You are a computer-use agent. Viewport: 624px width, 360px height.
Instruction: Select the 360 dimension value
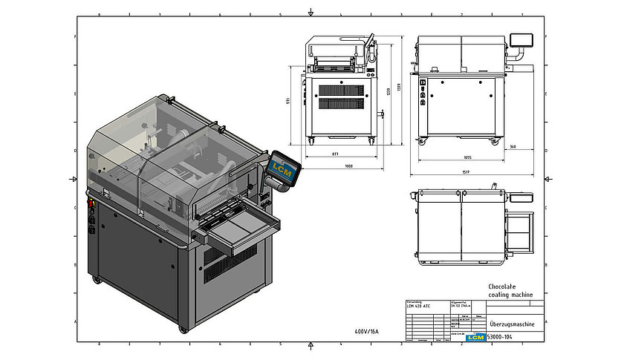[x=513, y=146]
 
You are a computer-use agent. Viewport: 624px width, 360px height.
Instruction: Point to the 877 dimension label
[x=336, y=154]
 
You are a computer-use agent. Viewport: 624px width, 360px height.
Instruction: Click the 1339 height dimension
[x=399, y=87]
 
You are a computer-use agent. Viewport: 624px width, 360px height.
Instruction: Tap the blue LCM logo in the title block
[x=474, y=337]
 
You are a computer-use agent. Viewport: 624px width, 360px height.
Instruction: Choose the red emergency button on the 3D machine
[x=92, y=201]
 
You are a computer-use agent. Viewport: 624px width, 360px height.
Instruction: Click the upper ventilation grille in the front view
[x=342, y=90]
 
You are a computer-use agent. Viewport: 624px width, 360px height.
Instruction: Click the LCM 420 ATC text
[x=420, y=305]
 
